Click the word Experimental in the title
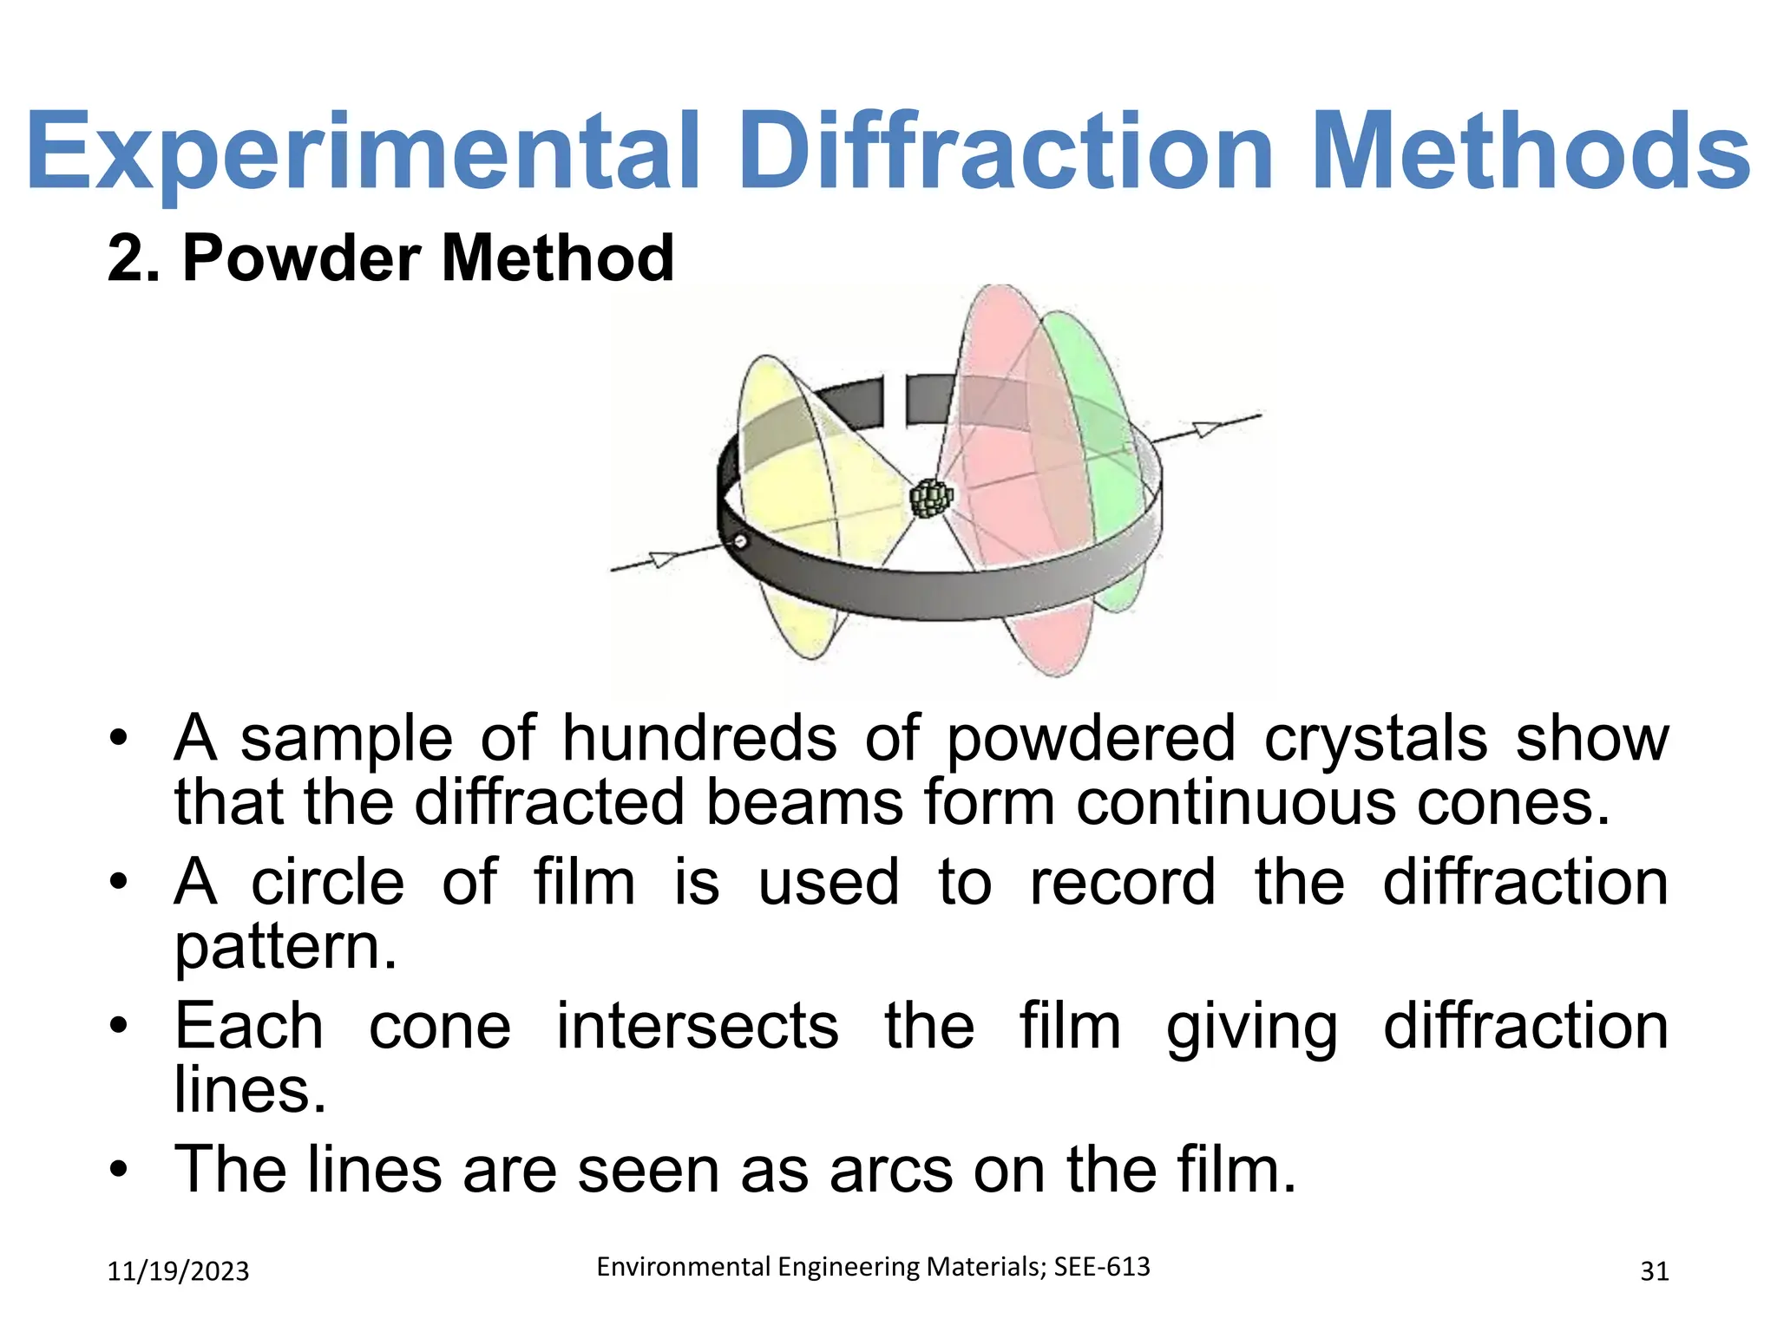pyautogui.click(x=363, y=152)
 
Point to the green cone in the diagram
pyautogui.click(x=1095, y=399)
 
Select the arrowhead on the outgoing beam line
pyautogui.click(x=1206, y=428)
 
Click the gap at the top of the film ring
pyautogui.click(x=895, y=401)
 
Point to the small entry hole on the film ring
pyautogui.click(x=740, y=542)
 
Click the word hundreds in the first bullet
pyautogui.click(x=699, y=739)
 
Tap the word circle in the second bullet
pyautogui.click(x=328, y=883)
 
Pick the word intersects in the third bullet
pyautogui.click(x=697, y=1026)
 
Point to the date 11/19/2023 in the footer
pyautogui.click(x=178, y=1271)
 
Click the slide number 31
pyautogui.click(x=1655, y=1271)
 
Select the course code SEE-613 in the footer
pyautogui.click(x=1101, y=1267)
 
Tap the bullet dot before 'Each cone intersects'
pyautogui.click(x=119, y=1026)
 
